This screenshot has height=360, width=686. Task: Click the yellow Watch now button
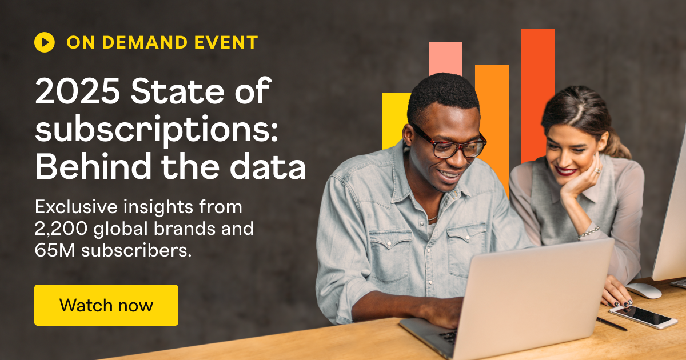point(106,305)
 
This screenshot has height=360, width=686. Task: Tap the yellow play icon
point(45,42)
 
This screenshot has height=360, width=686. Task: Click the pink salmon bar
point(445,57)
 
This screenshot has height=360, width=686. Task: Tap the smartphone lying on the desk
point(643,316)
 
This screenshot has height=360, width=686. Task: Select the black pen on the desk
point(612,324)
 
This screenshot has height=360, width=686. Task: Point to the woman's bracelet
point(588,231)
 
